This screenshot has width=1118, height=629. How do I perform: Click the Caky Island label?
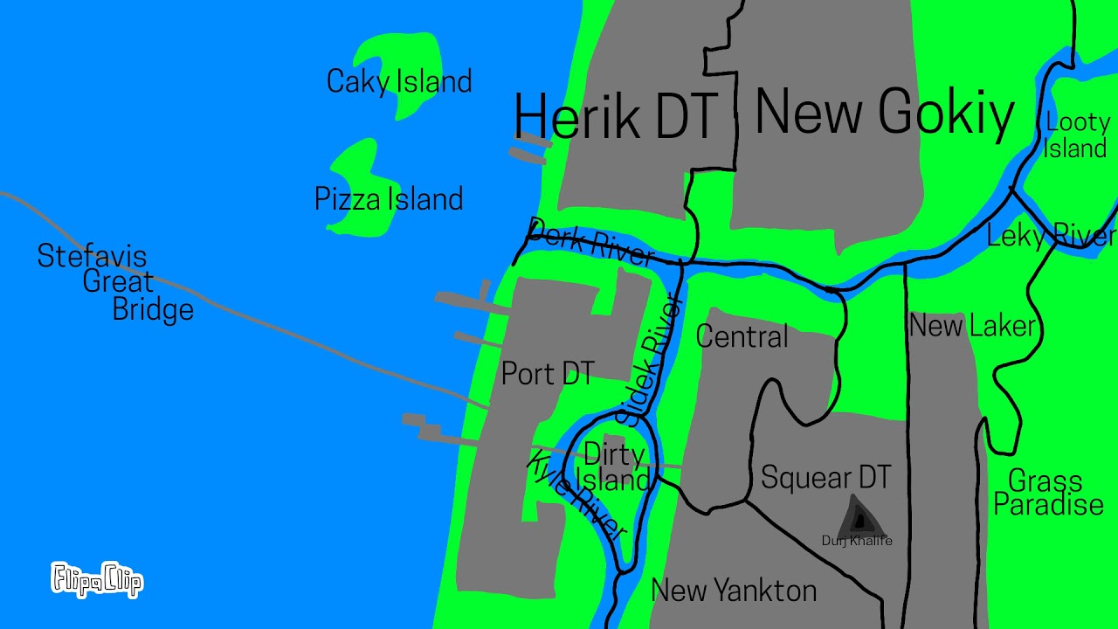tap(399, 81)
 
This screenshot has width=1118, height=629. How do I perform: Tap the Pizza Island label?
tap(389, 199)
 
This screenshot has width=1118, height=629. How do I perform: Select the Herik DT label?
tap(615, 116)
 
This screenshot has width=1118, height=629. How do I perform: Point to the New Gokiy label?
tap(884, 113)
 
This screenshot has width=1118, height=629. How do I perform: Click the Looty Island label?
tap(1076, 135)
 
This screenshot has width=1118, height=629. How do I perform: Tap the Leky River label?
tap(1051, 235)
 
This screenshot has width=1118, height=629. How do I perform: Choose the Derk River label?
tap(591, 241)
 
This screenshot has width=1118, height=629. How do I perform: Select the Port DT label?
tap(548, 374)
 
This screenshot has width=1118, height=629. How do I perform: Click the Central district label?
tap(742, 336)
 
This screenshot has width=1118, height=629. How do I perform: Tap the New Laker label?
tap(972, 326)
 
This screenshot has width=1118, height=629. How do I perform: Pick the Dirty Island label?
tap(615, 467)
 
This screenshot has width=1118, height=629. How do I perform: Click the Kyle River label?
tap(577, 496)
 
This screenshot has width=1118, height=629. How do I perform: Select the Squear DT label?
tap(825, 477)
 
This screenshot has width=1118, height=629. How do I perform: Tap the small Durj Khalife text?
tap(857, 541)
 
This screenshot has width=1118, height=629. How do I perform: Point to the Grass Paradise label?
tap(1048, 493)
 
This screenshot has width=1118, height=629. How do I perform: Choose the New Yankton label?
tap(734, 591)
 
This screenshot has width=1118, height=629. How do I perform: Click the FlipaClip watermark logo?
tap(97, 579)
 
